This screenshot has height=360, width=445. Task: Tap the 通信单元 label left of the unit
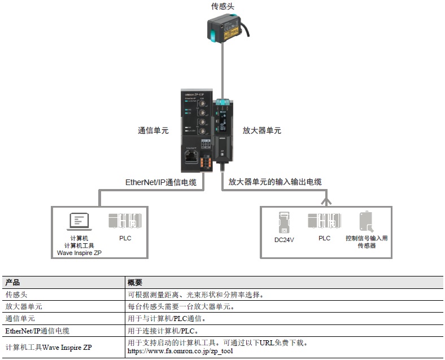tap(154, 130)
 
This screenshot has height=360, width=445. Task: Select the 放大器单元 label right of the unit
tap(261, 130)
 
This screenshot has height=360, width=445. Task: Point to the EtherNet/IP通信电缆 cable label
tap(160, 182)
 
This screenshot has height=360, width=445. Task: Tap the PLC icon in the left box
tap(125, 221)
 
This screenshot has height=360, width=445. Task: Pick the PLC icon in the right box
tap(324, 221)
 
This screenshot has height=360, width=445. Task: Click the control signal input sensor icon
tap(366, 222)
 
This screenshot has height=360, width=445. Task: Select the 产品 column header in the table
tap(12, 282)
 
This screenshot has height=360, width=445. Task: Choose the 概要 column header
tap(135, 282)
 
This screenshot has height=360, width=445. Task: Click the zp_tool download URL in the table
tap(180, 352)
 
